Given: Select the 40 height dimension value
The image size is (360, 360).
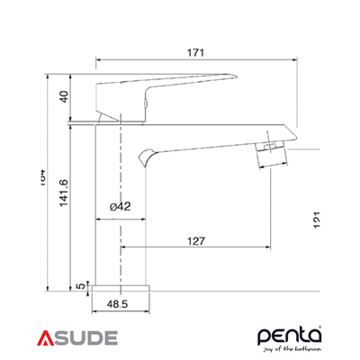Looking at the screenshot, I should coord(64,96).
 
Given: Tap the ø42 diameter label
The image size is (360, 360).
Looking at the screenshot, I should coord(120,206).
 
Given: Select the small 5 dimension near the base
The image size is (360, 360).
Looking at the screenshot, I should coord(81,286).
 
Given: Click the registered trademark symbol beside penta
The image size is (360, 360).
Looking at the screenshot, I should coord(323,326).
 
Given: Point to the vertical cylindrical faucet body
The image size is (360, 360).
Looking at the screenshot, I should coord(107,207).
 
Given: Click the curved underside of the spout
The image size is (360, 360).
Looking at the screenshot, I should coord(180,146).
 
